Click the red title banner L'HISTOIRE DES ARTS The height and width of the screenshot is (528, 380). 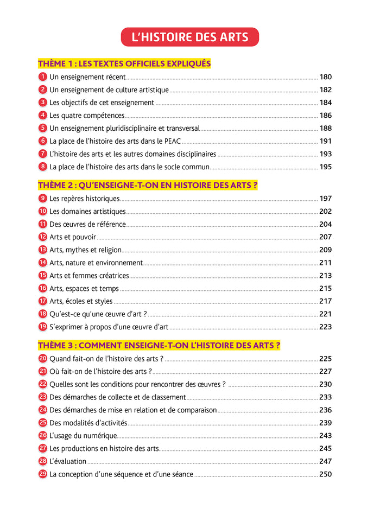[190, 37]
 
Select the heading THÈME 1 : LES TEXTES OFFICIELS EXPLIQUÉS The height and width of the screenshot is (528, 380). [124, 63]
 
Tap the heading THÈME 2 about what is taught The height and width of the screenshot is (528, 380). [148, 185]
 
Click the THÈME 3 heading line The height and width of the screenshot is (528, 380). [159, 345]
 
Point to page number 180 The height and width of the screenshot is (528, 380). [325, 77]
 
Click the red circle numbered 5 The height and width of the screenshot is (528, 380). [43, 128]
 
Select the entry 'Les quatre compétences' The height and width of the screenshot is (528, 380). [87, 116]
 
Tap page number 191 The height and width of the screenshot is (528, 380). [325, 141]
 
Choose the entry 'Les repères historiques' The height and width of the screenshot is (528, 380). [84, 199]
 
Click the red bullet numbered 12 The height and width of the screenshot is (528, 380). [43, 237]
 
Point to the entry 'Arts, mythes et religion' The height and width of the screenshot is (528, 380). [85, 250]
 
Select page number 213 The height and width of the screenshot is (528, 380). [325, 276]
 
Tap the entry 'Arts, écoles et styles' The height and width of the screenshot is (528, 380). [81, 301]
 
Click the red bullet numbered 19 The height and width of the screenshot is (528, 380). [43, 327]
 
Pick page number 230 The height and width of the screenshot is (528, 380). [325, 384]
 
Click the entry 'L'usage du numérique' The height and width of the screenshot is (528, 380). [83, 435]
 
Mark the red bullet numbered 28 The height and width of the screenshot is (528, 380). [43, 461]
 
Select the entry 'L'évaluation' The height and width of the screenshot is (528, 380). [68, 461]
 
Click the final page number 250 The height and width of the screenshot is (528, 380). [325, 474]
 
